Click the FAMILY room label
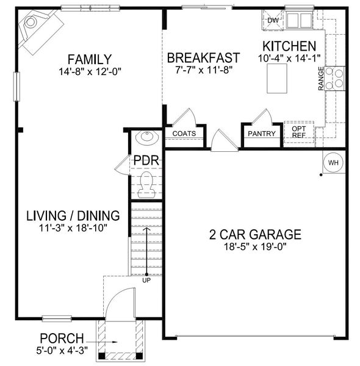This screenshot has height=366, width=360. (x=90, y=59)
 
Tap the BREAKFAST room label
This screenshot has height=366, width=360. (x=203, y=57)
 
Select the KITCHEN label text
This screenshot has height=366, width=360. (x=289, y=46)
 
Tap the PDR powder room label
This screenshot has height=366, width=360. (x=146, y=161)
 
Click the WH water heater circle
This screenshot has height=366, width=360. (x=333, y=163)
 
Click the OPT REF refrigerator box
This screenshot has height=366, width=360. (x=299, y=132)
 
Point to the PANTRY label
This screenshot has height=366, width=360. (x=262, y=134)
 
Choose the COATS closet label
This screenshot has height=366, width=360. (x=184, y=134)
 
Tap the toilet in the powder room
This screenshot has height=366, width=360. (x=146, y=184)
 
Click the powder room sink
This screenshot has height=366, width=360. (x=146, y=139)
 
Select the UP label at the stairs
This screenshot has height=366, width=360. (x=146, y=281)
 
